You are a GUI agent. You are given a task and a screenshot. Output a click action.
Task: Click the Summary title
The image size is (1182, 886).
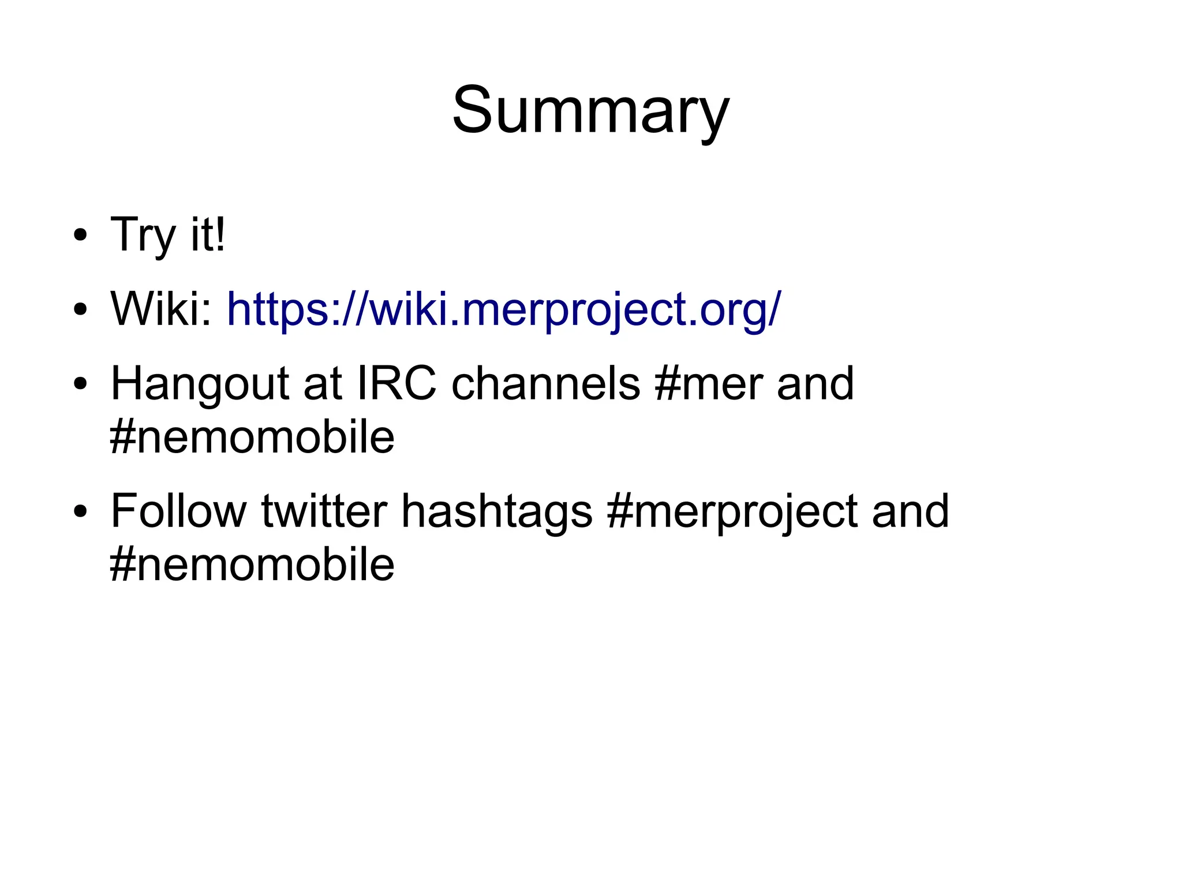click(590, 111)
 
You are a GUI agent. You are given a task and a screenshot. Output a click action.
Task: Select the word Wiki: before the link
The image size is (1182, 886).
click(161, 309)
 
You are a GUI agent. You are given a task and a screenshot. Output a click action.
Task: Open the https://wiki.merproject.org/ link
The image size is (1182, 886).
click(503, 310)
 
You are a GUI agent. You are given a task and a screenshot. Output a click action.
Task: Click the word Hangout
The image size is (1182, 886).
click(200, 384)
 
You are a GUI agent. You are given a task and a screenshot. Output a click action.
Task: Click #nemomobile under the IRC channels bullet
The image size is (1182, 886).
click(252, 437)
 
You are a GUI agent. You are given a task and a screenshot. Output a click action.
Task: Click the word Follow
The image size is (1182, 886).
click(178, 511)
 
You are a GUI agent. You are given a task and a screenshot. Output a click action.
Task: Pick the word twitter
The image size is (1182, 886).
click(324, 511)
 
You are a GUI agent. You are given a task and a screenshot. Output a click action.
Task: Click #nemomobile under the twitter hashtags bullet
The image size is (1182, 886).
click(252, 565)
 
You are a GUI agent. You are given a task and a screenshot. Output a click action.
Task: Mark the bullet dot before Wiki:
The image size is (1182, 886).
click(80, 310)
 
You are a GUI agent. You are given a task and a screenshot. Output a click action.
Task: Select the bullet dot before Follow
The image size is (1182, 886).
click(80, 511)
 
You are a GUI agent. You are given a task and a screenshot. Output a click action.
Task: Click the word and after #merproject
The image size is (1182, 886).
click(910, 511)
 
